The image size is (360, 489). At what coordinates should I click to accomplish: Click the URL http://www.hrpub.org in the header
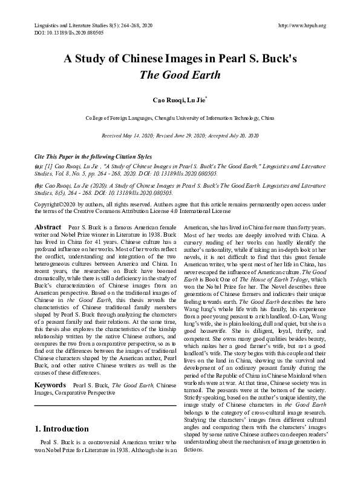pos(301,25)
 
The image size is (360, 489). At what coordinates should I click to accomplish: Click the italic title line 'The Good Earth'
pos(180,76)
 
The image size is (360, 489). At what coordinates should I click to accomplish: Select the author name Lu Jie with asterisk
pos(195,99)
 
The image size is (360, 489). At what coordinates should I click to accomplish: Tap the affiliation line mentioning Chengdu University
pos(180,118)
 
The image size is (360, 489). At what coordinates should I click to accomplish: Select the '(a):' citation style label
pos(39,165)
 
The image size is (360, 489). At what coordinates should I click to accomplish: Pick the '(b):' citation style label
pos(39,186)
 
